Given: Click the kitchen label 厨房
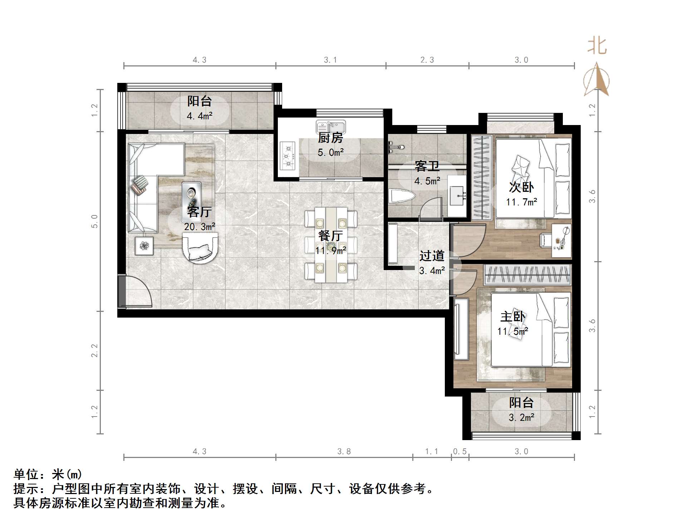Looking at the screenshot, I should point(330,138).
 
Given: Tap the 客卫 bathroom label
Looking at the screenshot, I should point(427,166).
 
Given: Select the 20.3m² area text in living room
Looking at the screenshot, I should point(200,227).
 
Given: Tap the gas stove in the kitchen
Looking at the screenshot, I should point(287,155).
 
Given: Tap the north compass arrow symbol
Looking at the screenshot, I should point(596,80).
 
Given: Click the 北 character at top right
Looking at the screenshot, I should point(597,46).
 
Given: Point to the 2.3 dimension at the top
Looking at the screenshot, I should point(427,60).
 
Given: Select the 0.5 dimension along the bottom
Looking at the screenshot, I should point(460,452).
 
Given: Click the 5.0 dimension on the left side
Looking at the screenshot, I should point(94,221).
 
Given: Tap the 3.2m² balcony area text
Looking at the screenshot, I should point(521,417).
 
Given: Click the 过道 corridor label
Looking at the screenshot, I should point(432,256).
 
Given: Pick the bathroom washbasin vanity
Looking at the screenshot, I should point(457,196).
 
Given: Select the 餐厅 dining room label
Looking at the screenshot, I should point(330,236).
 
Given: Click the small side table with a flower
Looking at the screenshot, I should point(144,246).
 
